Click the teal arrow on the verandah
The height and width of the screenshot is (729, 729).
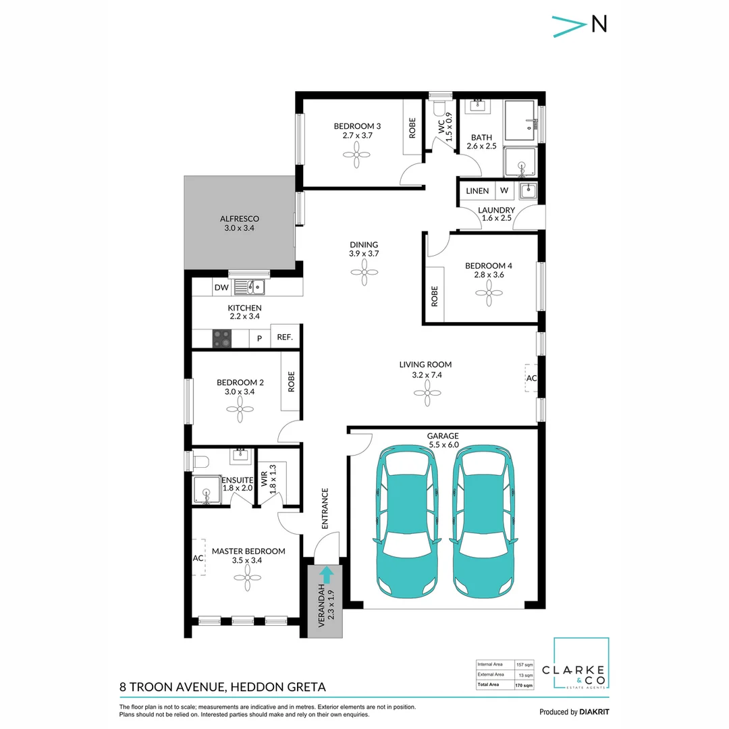[327, 574]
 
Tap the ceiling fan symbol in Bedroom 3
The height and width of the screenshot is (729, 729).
[356, 155]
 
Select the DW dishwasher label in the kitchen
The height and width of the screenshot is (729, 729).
[221, 288]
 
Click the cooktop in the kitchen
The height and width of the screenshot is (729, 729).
[222, 339]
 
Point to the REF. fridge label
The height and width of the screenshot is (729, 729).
[285, 337]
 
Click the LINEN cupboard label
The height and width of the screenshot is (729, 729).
[477, 191]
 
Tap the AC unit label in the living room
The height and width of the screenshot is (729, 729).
[531, 379]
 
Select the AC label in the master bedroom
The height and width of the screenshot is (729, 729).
[198, 558]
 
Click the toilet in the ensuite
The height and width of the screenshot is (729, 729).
[200, 462]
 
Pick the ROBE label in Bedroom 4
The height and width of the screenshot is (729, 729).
[435, 296]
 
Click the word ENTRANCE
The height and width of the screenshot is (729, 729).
[325, 509]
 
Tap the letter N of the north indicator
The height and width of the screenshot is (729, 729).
[599, 24]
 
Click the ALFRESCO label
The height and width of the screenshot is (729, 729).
[240, 219]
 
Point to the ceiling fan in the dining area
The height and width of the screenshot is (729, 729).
[364, 272]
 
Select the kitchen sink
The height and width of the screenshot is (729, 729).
[250, 287]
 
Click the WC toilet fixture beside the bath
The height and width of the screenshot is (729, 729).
[439, 108]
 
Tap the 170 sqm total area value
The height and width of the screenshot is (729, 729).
[524, 686]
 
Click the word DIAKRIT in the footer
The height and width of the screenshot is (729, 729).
[594, 712]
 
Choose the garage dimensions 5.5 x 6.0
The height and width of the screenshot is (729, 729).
[444, 445]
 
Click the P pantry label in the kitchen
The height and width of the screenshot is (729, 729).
[259, 339]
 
